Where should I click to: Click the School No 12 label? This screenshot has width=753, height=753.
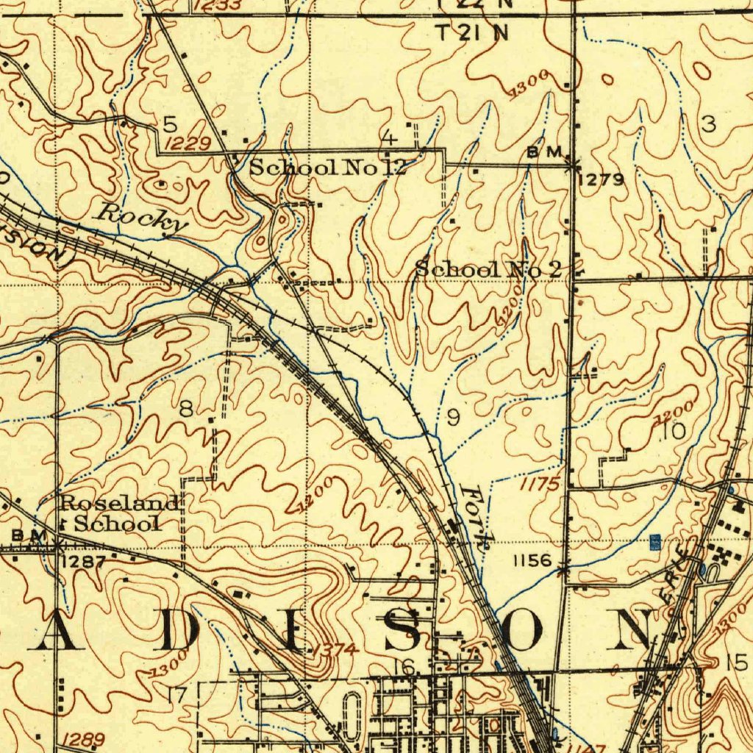[328, 167]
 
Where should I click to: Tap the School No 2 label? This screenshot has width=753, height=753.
[489, 269]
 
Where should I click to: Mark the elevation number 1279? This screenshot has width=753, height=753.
[602, 179]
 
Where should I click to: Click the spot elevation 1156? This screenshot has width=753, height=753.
[532, 560]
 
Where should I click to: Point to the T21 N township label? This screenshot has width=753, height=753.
[473, 33]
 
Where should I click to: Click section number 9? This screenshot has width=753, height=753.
[453, 418]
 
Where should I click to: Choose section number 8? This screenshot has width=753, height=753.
[187, 410]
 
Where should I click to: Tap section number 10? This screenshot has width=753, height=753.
[673, 432]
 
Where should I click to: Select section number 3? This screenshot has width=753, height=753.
[708, 124]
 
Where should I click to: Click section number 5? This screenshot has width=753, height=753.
[171, 123]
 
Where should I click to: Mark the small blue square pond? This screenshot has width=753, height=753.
[655, 543]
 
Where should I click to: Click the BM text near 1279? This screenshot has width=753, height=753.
[545, 151]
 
